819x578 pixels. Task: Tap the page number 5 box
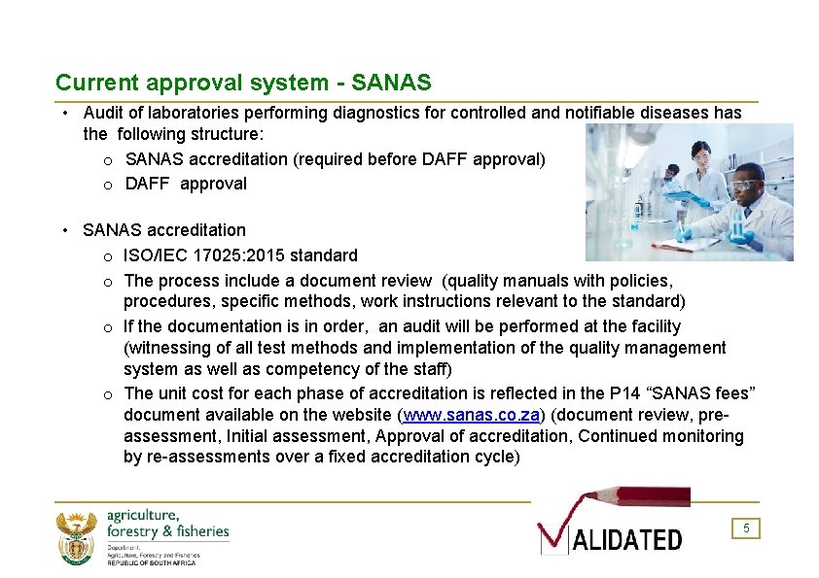746,528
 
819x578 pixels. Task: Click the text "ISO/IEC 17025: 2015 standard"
240,255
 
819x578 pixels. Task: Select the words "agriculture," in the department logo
143,515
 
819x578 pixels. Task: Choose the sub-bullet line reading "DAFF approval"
186,184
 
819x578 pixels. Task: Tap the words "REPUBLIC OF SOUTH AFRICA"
151,562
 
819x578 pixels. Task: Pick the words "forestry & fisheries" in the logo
167,531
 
